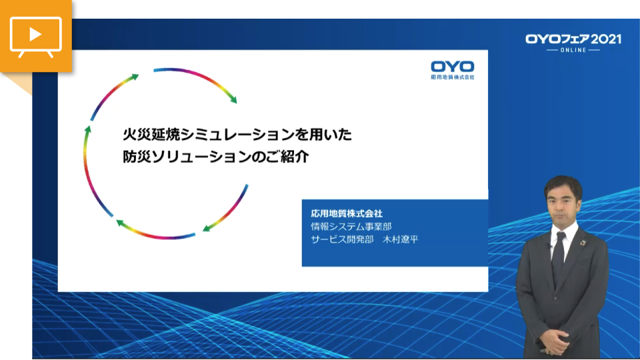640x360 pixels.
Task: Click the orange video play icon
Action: coord(36,36)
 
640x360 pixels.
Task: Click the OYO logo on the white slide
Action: coord(453,67)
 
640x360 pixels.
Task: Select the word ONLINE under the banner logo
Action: coord(573,50)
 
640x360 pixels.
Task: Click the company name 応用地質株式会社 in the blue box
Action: coord(347,213)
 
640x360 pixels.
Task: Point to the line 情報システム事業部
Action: coord(351,226)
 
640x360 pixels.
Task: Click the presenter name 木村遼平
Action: coord(401,239)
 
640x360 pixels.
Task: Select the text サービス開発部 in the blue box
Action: coord(342,239)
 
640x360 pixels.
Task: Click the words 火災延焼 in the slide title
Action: coord(151,134)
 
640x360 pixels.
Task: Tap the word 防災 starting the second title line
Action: coord(137,156)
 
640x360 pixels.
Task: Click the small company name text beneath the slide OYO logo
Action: coord(453,77)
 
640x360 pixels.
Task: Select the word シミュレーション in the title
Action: coord(237,134)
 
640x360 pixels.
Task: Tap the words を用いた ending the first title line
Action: coord(323,134)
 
